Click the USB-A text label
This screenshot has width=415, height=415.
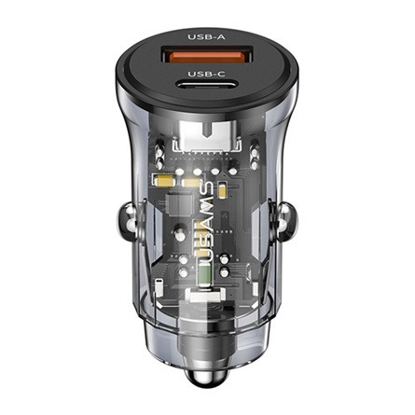click(x=206, y=37)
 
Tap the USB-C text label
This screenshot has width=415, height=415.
click(x=206, y=74)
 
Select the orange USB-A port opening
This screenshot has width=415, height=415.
click(x=206, y=55)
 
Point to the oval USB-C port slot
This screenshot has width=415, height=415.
click(x=206, y=85)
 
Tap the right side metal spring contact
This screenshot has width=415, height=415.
click(x=286, y=221)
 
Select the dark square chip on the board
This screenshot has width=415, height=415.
click(x=179, y=204)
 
